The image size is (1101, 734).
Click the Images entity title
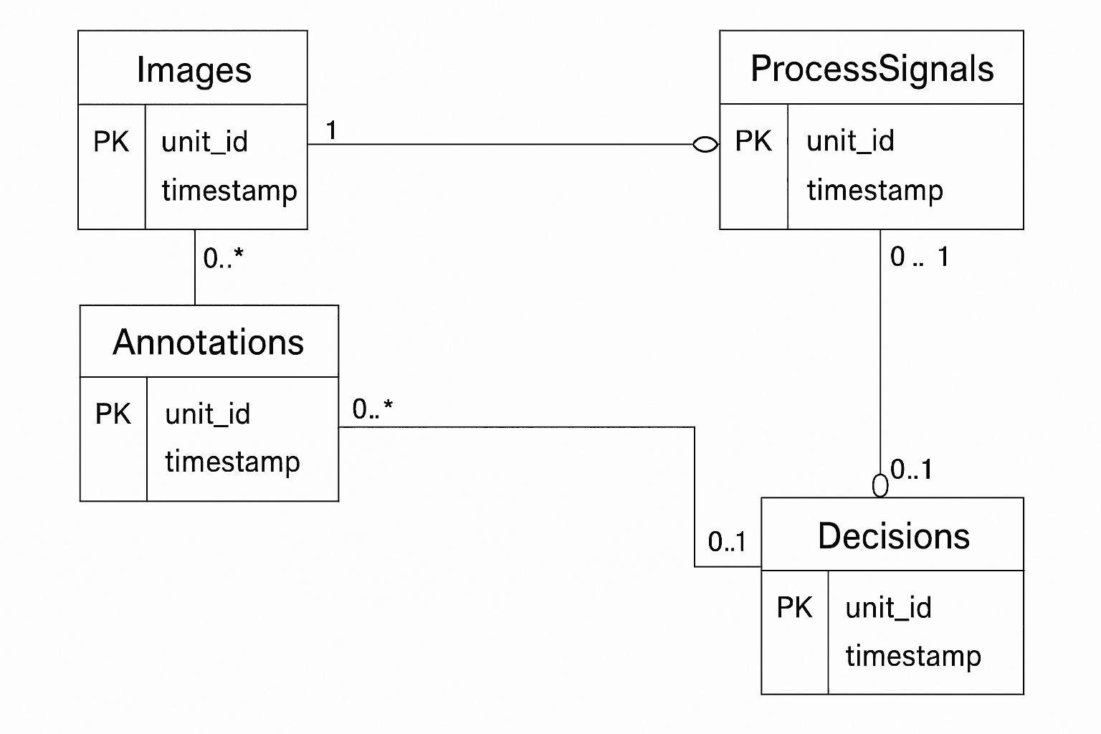(x=194, y=70)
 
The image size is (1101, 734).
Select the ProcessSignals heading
(x=872, y=70)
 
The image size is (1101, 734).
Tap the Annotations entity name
(x=209, y=343)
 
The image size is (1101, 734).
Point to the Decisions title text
(x=893, y=536)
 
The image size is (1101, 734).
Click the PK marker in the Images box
(x=111, y=142)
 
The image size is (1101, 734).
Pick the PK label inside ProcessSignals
(x=753, y=141)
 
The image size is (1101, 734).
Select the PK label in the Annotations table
(x=113, y=414)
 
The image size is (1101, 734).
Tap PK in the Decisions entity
(x=794, y=607)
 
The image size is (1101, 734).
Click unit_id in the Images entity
(x=204, y=142)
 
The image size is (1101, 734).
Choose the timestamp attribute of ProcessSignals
(x=874, y=191)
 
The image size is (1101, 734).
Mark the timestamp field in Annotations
(x=232, y=462)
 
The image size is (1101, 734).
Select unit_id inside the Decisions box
(x=888, y=608)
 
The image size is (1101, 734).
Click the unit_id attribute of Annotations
(x=207, y=414)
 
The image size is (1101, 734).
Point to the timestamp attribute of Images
(x=229, y=191)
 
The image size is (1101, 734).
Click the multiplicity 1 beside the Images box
(x=331, y=130)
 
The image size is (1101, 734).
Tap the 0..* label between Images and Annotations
(x=223, y=258)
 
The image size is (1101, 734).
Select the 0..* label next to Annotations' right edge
(x=372, y=409)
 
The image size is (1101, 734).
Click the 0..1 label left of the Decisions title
(x=727, y=542)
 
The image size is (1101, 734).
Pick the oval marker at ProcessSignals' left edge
(x=705, y=145)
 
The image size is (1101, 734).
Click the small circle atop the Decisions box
(x=880, y=486)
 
